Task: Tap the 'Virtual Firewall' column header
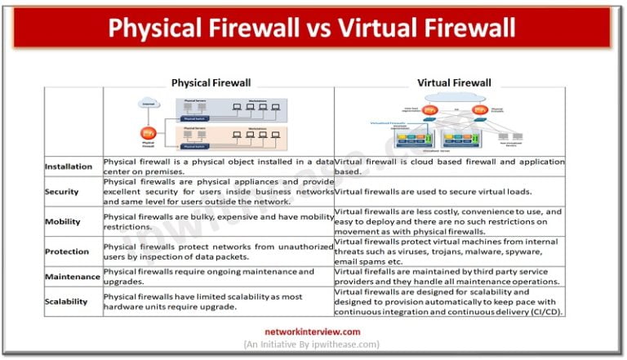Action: (x=455, y=82)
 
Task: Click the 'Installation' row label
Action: (x=69, y=166)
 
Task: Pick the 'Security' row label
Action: (x=63, y=191)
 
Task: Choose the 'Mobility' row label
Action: (x=63, y=220)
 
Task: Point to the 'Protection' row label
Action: (x=67, y=251)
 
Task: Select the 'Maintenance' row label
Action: (x=72, y=277)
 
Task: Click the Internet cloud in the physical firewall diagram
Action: (x=148, y=104)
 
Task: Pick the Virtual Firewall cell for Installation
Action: (x=448, y=167)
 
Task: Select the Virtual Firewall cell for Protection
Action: (x=448, y=251)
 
